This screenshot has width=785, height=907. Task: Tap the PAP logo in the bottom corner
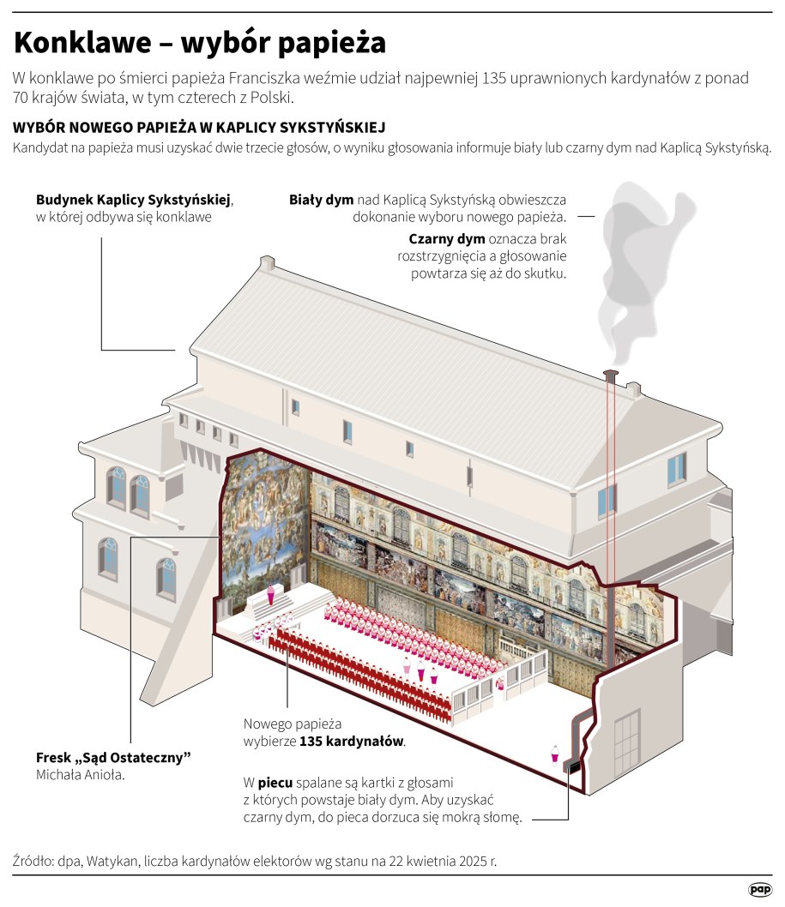coord(759,890)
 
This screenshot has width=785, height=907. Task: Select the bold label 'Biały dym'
coord(322,200)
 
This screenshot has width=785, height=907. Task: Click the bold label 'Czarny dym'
coord(446,238)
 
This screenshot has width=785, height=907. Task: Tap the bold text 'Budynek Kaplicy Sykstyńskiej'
coord(134,200)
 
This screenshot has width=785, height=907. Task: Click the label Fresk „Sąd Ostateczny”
coord(112,758)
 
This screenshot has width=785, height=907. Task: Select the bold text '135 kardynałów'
coord(352,741)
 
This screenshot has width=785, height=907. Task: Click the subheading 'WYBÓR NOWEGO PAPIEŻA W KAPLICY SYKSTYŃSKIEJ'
coord(199,128)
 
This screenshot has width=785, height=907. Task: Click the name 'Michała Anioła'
coord(80,775)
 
